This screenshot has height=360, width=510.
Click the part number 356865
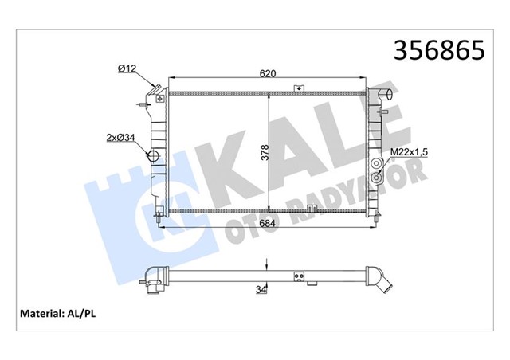coord(439,50)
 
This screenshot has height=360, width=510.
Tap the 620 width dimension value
coord(268,73)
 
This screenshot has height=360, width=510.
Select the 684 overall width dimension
coord(268,223)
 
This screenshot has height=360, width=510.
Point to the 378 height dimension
coord(265,152)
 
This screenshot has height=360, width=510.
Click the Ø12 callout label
coord(127,68)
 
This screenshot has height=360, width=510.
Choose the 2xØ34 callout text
coord(120,138)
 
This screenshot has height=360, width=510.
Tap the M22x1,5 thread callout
coord(409,152)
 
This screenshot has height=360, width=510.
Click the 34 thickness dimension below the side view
coord(261,289)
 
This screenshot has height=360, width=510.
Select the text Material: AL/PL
coord(58,314)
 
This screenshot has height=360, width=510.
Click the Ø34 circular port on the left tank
coord(153,156)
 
